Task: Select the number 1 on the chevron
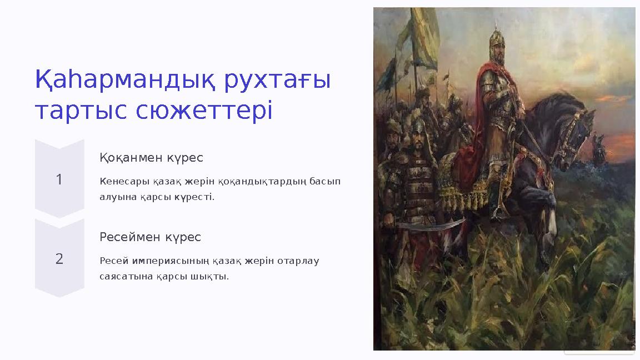tap(59, 179)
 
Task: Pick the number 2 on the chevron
tap(59, 258)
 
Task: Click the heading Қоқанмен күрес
tap(151, 158)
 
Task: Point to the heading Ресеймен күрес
tap(150, 237)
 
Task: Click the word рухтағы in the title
tap(277, 80)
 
